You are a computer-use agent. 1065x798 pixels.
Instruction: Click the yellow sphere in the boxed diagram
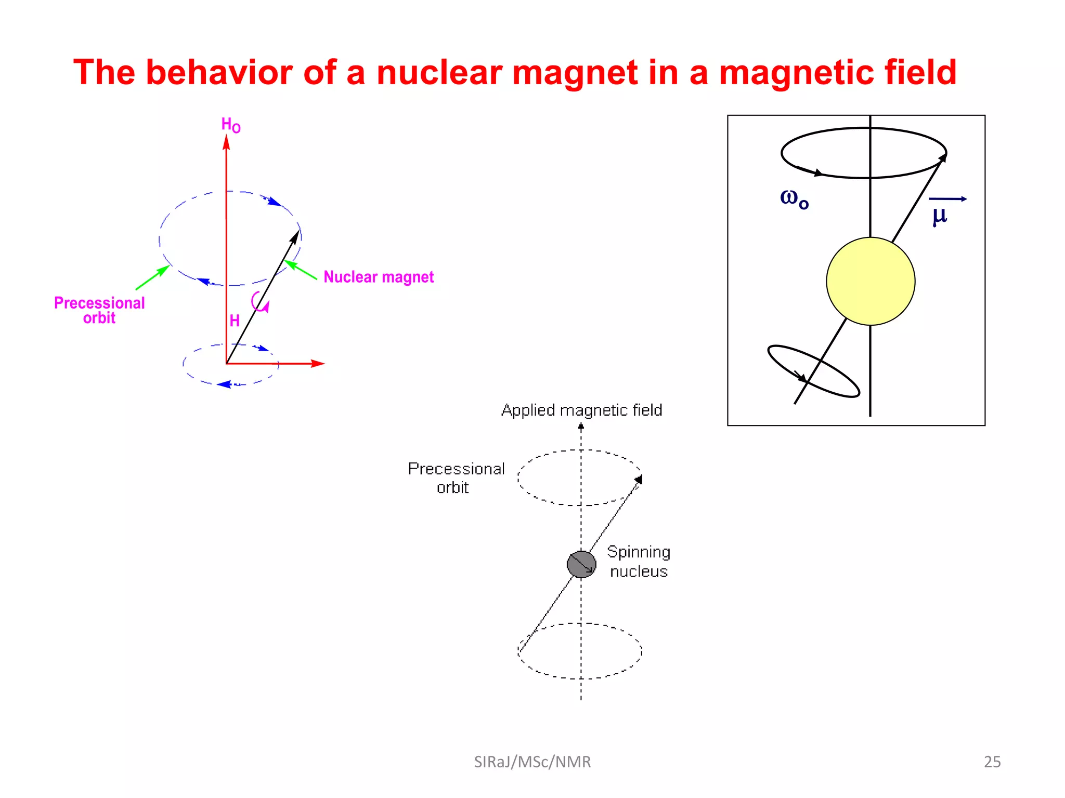(870, 281)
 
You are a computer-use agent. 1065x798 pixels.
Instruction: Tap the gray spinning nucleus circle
(581, 564)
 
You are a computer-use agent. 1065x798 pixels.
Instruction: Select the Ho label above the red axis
(230, 125)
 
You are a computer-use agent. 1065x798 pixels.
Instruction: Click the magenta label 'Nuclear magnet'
(378, 277)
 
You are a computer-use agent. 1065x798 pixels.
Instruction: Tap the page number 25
(992, 762)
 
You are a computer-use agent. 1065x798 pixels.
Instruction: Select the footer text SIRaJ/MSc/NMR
(532, 762)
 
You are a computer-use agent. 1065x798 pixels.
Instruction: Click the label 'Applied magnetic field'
(581, 410)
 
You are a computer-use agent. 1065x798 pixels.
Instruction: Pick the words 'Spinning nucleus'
(639, 561)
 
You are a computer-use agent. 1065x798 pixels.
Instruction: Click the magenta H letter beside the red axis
(235, 321)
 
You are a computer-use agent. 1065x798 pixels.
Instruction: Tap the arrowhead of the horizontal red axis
(318, 364)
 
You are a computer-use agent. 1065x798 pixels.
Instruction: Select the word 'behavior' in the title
(219, 72)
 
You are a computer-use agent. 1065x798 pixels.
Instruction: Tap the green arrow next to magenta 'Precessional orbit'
(153, 277)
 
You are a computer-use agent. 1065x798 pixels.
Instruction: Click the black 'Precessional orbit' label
(456, 477)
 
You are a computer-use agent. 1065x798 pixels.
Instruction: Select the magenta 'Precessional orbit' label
(99, 310)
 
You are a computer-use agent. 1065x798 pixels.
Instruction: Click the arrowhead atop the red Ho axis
(226, 142)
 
